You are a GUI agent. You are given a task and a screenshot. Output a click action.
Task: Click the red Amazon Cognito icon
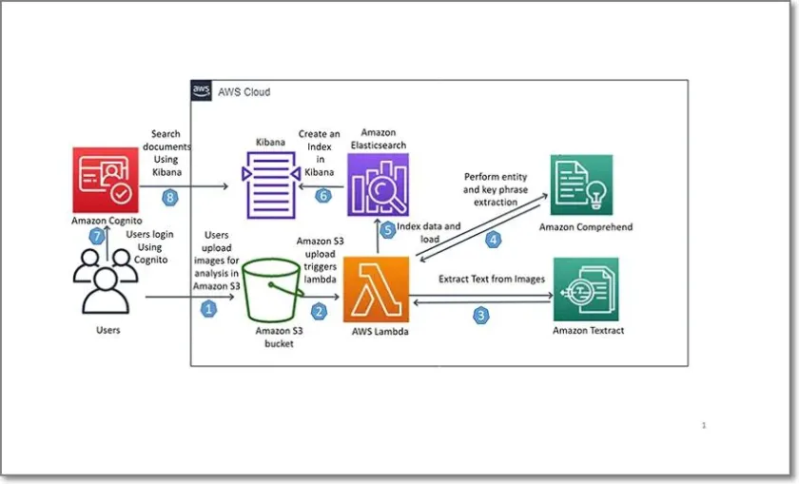click(105, 179)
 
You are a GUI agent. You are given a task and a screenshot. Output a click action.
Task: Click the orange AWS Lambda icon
click(376, 288)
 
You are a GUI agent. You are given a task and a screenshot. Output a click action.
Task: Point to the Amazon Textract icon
click(586, 289)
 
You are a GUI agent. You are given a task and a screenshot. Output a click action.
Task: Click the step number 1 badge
click(209, 308)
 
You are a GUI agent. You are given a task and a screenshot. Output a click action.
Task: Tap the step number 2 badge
click(320, 310)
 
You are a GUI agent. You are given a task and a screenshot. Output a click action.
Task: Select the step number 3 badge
click(481, 315)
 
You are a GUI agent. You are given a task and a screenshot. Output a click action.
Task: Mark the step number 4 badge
click(493, 240)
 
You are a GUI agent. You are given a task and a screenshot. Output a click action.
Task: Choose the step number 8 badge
click(170, 198)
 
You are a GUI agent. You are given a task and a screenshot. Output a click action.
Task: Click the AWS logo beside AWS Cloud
click(201, 91)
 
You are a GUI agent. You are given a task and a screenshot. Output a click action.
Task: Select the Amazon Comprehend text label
click(585, 227)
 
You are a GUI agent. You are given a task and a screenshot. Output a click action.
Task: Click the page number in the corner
click(703, 425)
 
